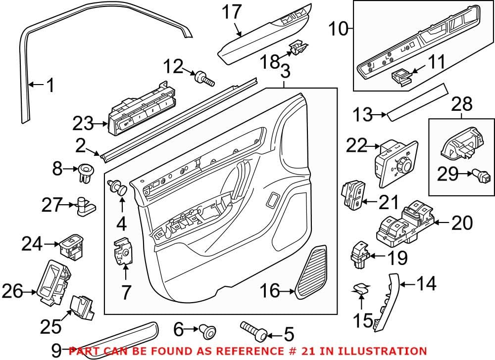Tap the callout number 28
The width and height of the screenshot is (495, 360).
coord(461,104)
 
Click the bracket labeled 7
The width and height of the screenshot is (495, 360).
coord(123,252)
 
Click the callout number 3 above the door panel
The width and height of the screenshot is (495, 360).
coord(284,72)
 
